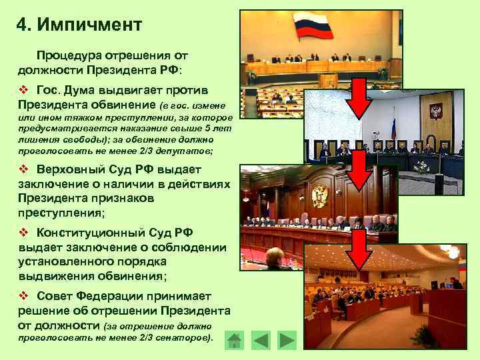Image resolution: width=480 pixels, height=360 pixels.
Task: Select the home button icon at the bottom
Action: (x=234, y=341)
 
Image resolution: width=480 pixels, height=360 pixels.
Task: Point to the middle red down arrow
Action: (x=359, y=171)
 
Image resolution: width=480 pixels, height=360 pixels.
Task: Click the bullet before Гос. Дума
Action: (x=23, y=91)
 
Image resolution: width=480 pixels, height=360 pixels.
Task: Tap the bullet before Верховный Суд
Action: (x=23, y=169)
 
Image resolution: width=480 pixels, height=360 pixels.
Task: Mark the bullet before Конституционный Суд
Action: (x=23, y=233)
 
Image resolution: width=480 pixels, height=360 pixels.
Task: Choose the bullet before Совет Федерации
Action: (x=23, y=296)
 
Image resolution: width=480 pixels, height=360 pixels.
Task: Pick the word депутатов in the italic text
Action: (x=187, y=151)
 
